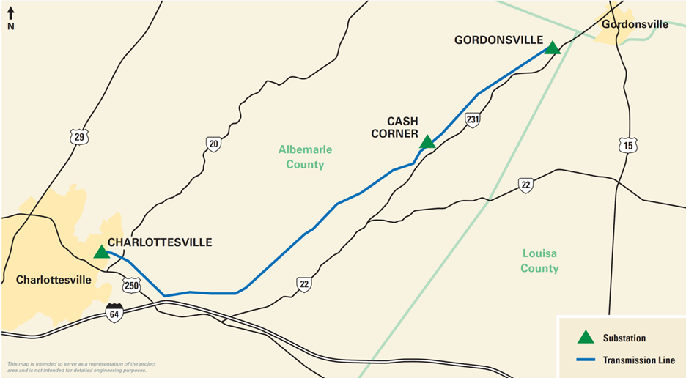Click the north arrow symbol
click(11, 18)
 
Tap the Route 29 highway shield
click(79, 136)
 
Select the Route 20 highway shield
click(213, 144)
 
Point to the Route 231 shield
click(473, 119)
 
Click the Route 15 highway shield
click(627, 146)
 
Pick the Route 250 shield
click(131, 286)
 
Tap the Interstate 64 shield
click(114, 313)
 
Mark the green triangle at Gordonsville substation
click(553, 48)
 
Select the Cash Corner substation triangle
click(427, 141)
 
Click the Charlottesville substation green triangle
click(101, 252)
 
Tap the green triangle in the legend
click(585, 338)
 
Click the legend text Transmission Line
click(638, 360)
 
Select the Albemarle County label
click(305, 157)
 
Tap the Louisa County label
click(539, 261)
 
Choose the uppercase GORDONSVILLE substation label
click(498, 40)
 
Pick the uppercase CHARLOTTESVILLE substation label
click(160, 242)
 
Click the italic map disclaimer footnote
click(76, 367)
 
